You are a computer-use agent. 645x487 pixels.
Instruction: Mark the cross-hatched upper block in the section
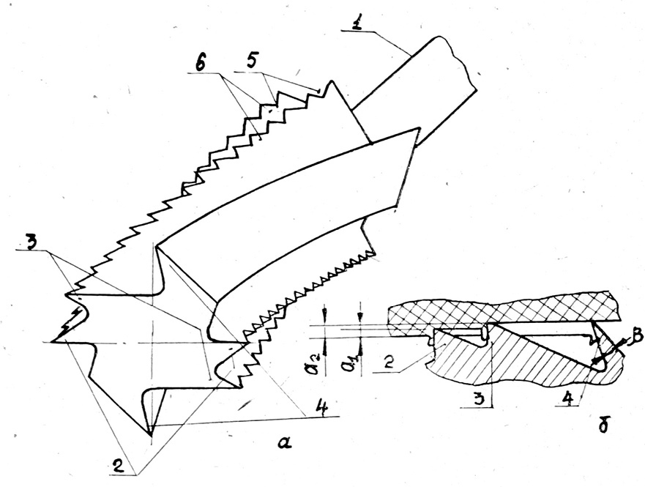point(498,311)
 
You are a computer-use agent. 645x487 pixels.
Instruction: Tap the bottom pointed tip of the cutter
point(150,433)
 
